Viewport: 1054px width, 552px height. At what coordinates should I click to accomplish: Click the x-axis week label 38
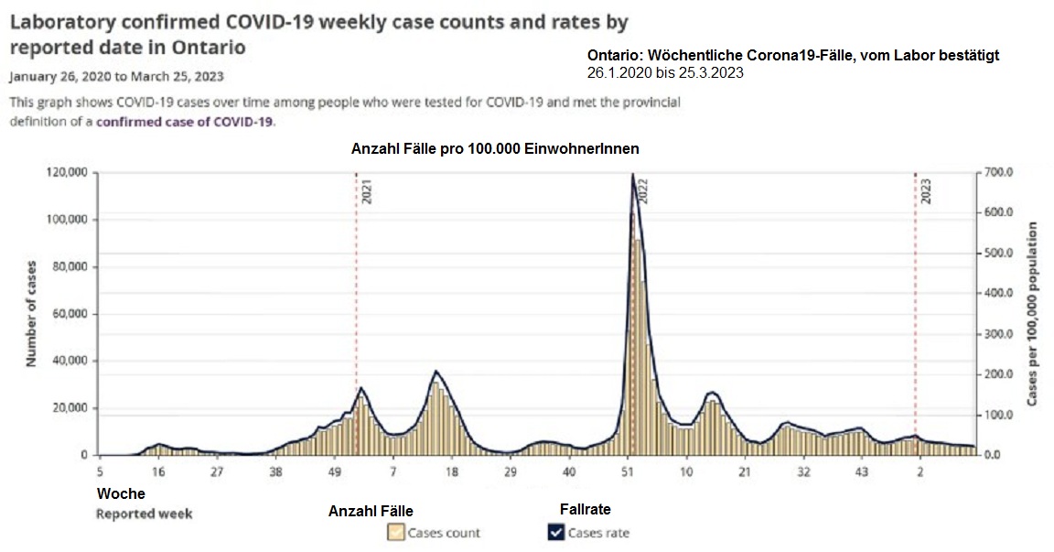[x=275, y=472]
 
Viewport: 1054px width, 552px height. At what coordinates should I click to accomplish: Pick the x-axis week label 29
[x=511, y=472]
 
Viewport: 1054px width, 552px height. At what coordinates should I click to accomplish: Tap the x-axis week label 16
[x=157, y=472]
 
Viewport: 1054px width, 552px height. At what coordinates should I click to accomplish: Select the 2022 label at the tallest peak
[x=643, y=192]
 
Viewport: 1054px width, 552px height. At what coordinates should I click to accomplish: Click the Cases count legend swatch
[x=396, y=532]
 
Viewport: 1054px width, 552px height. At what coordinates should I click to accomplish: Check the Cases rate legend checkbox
[x=556, y=532]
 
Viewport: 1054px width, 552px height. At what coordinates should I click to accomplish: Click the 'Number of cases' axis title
[x=30, y=313]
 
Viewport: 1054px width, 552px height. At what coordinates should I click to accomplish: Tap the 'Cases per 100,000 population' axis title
[x=1034, y=313]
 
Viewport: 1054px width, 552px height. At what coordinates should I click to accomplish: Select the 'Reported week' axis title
[x=145, y=514]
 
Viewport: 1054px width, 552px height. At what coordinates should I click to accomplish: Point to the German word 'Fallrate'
[x=585, y=509]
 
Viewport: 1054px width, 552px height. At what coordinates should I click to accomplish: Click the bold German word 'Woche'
[x=121, y=493]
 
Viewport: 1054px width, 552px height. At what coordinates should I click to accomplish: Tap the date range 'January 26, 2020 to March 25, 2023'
[x=116, y=76]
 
